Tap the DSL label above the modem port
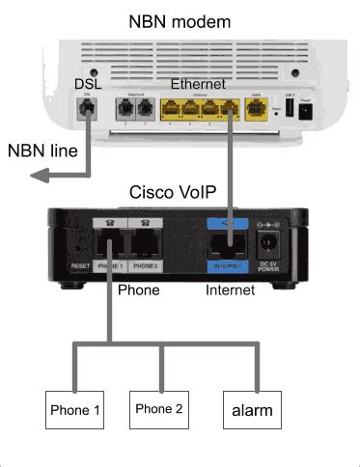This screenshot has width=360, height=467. pyautogui.click(x=88, y=86)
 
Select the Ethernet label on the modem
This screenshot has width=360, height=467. pyautogui.click(x=198, y=84)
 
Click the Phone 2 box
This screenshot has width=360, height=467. pyautogui.click(x=159, y=409)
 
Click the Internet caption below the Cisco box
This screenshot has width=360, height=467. pyautogui.click(x=232, y=288)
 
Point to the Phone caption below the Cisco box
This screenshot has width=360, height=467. pyautogui.click(x=137, y=288)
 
